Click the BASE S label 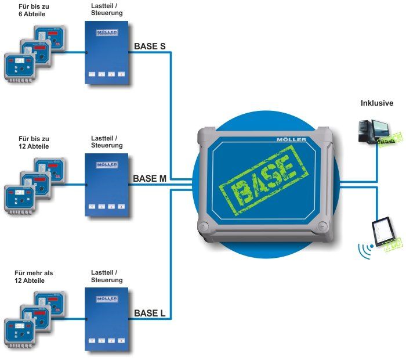tap(150, 45)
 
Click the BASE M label tap(150, 178)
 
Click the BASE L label tap(150, 314)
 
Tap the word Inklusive tap(377, 103)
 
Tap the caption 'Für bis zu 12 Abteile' tap(33, 143)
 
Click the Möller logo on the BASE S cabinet tap(106, 34)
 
